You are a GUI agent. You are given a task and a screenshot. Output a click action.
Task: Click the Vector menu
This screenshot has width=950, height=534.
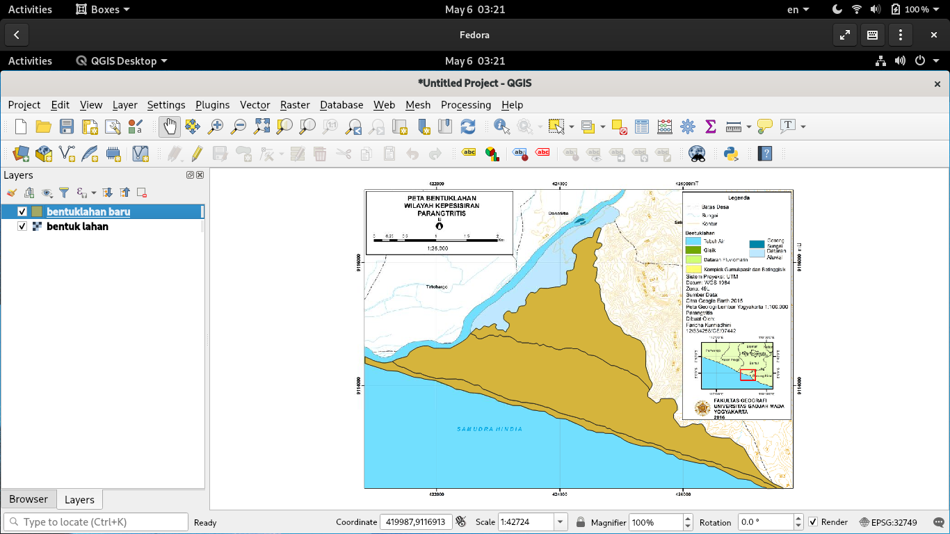(x=255, y=105)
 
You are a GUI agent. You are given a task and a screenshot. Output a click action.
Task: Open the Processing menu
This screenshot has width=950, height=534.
(x=465, y=105)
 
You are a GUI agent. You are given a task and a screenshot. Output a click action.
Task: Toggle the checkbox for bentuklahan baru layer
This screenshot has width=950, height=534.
(x=22, y=211)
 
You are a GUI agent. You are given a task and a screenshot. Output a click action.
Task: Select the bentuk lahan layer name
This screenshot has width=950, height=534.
(x=77, y=227)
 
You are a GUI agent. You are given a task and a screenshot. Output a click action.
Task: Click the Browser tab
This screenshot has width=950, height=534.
(x=29, y=499)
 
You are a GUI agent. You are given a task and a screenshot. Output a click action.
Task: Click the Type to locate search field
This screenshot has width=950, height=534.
(x=97, y=522)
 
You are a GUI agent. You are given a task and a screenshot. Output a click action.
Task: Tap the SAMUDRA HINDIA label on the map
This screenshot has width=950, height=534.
(x=490, y=429)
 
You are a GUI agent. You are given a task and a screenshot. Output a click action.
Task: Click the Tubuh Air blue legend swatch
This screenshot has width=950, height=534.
(x=693, y=241)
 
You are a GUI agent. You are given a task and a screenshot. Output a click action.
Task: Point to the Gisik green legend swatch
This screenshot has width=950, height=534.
(x=693, y=250)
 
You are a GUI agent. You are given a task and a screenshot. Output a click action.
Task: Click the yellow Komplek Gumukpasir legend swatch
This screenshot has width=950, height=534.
(x=693, y=269)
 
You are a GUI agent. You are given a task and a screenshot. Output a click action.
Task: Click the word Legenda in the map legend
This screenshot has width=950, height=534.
(x=739, y=197)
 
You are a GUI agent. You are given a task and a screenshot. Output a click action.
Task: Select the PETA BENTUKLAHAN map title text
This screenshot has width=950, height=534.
(x=439, y=198)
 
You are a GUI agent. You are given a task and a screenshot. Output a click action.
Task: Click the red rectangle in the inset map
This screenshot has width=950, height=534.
(x=748, y=375)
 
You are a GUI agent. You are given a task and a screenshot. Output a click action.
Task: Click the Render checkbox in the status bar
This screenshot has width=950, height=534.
(x=812, y=522)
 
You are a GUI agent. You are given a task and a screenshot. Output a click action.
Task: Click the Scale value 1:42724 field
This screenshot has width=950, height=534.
(x=526, y=522)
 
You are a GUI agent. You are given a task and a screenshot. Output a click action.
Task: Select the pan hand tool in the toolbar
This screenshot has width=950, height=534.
(x=170, y=127)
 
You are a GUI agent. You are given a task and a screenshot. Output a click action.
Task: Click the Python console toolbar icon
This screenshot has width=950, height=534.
(x=730, y=154)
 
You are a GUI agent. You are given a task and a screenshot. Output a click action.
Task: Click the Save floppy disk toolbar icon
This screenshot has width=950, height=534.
(x=67, y=127)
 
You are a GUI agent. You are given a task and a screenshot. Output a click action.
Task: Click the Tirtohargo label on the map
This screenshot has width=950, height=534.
(x=436, y=286)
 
